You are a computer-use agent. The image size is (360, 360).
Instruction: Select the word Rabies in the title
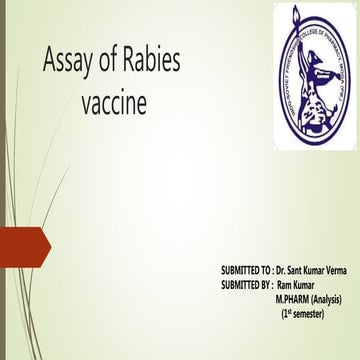point(154,61)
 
